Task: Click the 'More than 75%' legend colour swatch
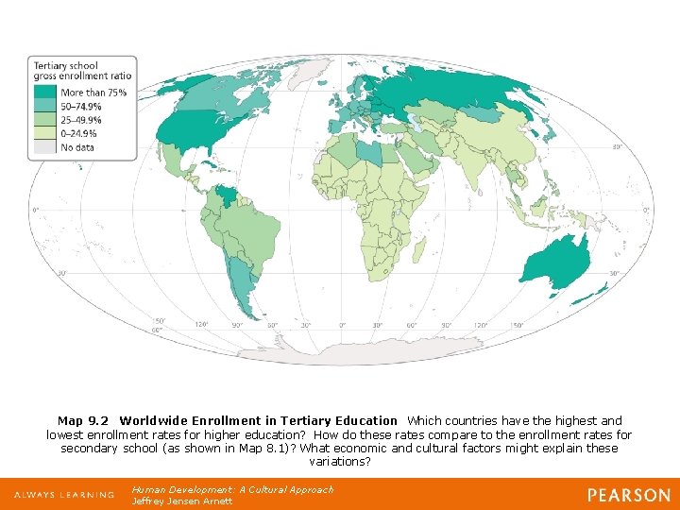coord(45,93)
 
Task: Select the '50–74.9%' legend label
coord(81,107)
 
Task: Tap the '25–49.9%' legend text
coord(81,120)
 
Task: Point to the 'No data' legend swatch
coord(45,147)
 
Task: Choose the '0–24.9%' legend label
coord(79,134)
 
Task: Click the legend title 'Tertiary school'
coord(66,66)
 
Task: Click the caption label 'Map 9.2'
coord(83,421)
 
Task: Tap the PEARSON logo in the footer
coord(629,495)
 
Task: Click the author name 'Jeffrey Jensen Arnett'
coord(182,501)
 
